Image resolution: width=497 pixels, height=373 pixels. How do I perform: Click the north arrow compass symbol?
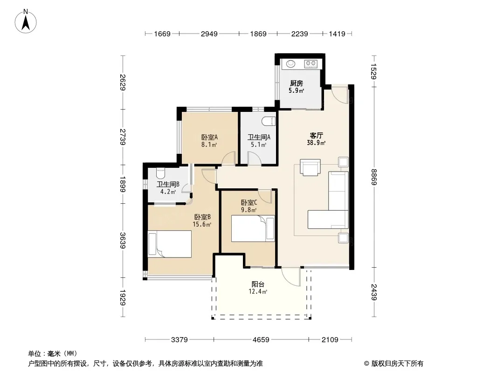coord(26,21)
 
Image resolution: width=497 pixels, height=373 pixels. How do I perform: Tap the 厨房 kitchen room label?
coord(297,83)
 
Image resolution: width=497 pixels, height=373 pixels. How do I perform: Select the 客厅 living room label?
coord(316,136)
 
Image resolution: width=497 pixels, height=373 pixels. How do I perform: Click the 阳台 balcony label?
coord(258,284)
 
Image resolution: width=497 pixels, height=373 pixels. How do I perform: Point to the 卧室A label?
coord(209,138)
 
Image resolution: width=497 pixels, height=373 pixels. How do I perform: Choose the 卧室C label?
coord(249,202)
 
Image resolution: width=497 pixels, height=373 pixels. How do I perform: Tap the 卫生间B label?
coord(168,185)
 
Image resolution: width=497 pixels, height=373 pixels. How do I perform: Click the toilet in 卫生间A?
coord(269,121)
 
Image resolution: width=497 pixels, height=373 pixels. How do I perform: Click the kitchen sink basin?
coord(290,64)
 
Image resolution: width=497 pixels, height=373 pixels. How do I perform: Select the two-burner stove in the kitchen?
coord(311,64)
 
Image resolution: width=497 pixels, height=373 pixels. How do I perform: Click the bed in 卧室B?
coord(170,244)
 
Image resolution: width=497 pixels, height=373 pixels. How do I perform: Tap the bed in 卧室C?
coord(253,228)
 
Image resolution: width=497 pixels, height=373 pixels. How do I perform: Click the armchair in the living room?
coord(311,167)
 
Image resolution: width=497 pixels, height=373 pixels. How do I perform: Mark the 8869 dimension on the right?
coord(374,177)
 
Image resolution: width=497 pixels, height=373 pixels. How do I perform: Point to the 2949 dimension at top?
coord(209,34)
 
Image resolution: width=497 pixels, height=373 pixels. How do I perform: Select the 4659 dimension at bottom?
coord(261,340)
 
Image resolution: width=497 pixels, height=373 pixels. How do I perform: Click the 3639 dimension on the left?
coord(123,241)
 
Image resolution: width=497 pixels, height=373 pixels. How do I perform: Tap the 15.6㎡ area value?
coord(202,224)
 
